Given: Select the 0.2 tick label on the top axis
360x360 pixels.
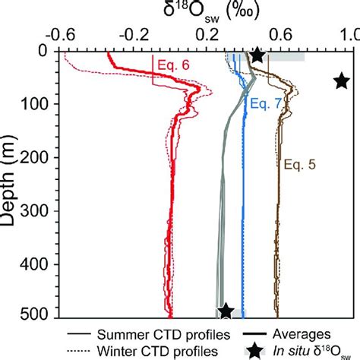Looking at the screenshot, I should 209,35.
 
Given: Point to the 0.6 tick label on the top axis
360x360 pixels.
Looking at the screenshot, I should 280,35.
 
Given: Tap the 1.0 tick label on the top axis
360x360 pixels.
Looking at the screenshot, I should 351,35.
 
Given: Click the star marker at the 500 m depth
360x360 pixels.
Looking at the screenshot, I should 226,311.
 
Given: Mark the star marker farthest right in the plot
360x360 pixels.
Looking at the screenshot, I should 342,81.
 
